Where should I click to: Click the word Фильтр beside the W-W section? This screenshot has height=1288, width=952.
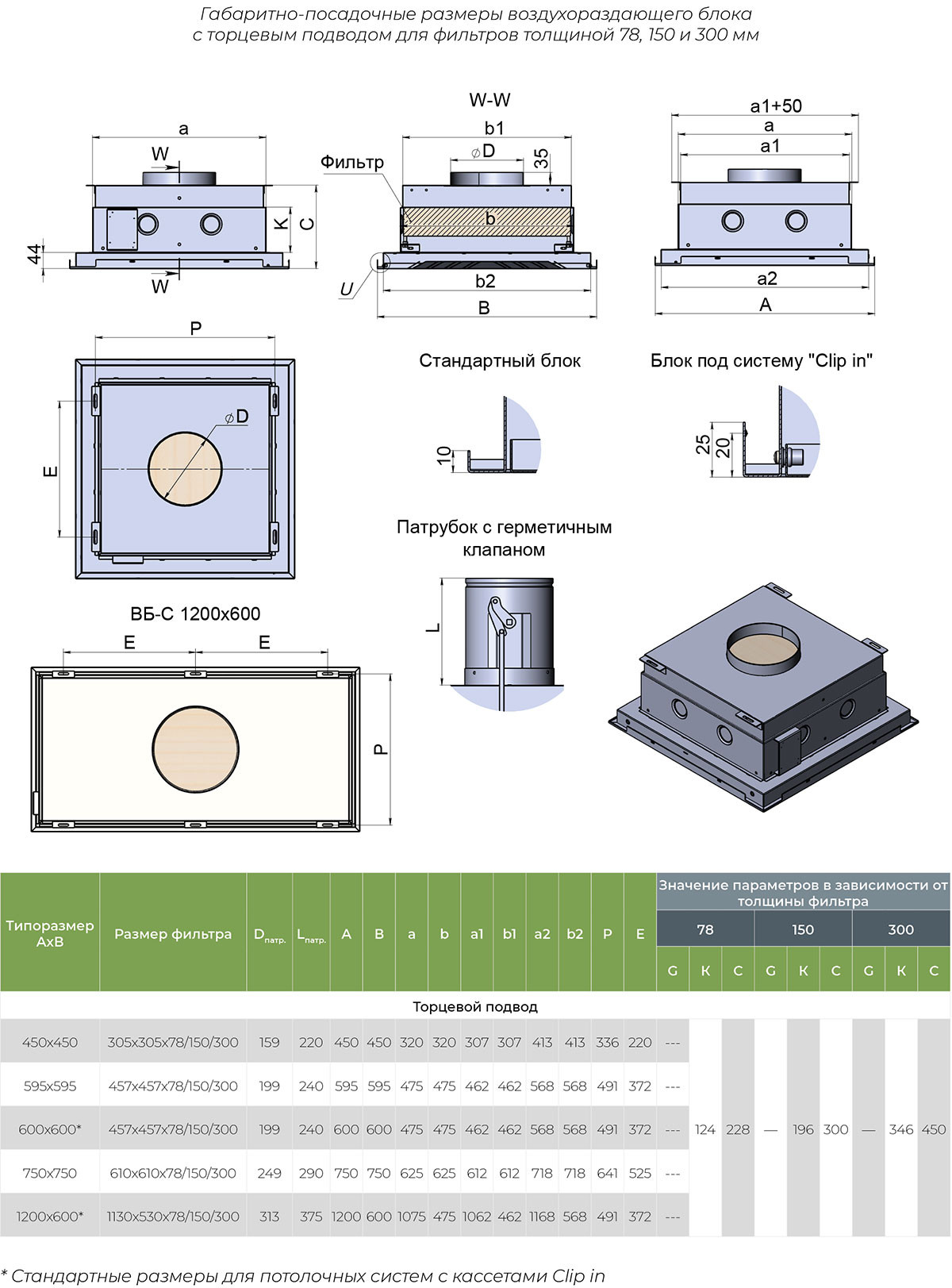point(352,162)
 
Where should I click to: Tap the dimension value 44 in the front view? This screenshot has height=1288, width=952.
point(34,254)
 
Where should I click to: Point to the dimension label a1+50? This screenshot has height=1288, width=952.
point(775,106)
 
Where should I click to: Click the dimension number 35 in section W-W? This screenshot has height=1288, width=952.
point(541,158)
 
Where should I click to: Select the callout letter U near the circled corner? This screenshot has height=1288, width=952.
point(347,290)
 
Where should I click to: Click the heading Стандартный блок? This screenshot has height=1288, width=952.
point(500,361)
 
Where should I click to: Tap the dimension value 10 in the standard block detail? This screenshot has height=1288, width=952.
point(444,456)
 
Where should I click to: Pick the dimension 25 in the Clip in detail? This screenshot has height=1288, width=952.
point(703,444)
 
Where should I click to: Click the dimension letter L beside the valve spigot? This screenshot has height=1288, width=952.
point(432,628)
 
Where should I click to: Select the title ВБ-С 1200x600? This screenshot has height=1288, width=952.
point(195,613)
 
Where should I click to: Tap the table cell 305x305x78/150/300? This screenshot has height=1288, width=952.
point(173,1042)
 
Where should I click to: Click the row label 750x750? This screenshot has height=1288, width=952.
point(50,1173)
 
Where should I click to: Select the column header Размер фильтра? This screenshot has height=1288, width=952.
point(173,934)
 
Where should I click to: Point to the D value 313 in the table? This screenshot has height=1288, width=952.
point(270,1217)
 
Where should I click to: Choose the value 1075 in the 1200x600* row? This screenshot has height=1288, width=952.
point(411,1217)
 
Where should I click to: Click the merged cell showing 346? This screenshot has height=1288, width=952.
point(901,1129)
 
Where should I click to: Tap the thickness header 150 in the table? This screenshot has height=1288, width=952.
point(803,929)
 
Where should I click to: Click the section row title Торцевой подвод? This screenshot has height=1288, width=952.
point(475,1006)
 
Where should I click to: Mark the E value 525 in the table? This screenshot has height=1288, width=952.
point(640,1173)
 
